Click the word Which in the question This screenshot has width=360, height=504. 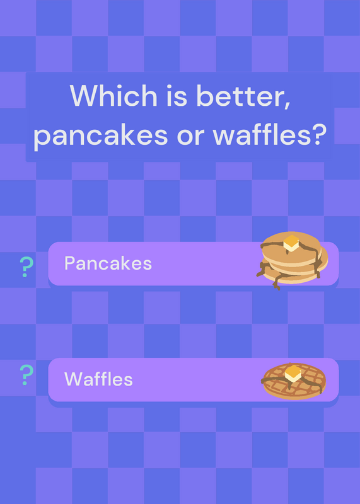click(113, 96)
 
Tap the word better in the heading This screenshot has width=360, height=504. click(240, 96)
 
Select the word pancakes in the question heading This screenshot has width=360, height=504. click(100, 136)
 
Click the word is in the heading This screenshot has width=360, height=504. click(177, 96)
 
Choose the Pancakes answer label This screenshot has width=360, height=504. click(108, 263)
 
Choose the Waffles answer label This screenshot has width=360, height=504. click(98, 379)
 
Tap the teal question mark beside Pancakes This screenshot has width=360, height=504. click(26, 267)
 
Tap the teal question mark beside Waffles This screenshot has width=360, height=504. click(26, 375)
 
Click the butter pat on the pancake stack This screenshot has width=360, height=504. click(291, 243)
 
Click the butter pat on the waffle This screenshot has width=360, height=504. click(293, 374)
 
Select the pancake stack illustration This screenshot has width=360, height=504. click(292, 260)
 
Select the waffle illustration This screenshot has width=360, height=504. click(293, 382)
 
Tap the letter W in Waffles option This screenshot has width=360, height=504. click(73, 379)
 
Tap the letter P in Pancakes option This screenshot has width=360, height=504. click(69, 263)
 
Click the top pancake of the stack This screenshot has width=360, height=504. click(291, 248)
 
